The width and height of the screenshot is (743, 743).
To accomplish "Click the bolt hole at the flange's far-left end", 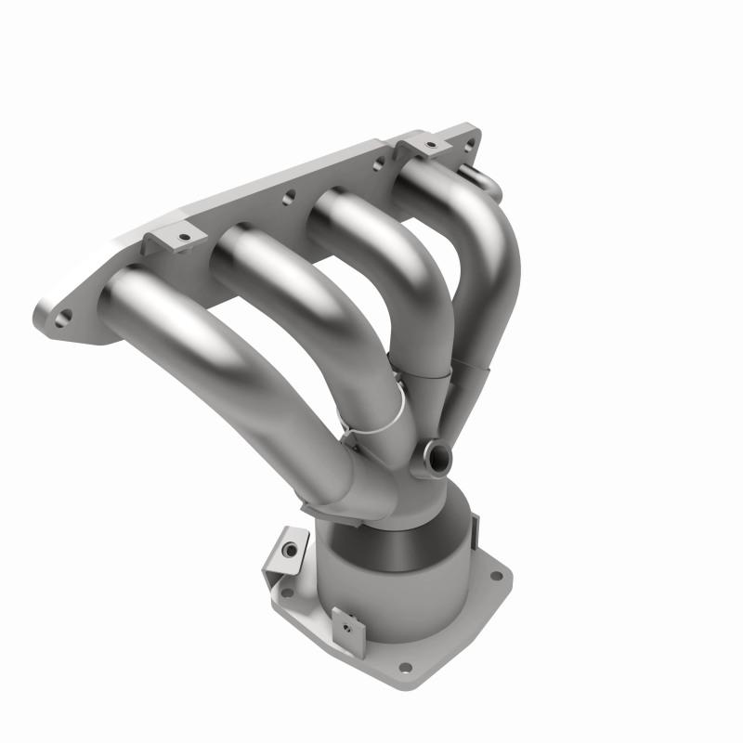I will pyautogui.click(x=61, y=319).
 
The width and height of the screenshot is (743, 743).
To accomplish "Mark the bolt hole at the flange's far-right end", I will pyautogui.click(x=468, y=142).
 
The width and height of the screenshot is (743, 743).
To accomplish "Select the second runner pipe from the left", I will pyautogui.click(x=306, y=306).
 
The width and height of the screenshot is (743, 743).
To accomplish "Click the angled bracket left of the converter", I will pyautogui.click(x=289, y=552).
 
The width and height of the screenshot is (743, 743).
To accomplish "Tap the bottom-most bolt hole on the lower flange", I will pyautogui.click(x=404, y=667).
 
